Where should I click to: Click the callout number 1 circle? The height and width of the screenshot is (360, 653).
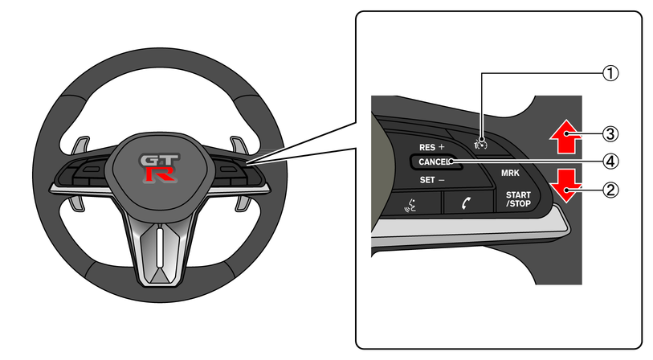pyautogui.click(x=610, y=73)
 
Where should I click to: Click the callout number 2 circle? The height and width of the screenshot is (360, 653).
pyautogui.click(x=610, y=190)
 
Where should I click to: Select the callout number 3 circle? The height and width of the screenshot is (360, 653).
pyautogui.click(x=610, y=134)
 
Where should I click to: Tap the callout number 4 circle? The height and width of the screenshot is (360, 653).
pyautogui.click(x=610, y=162)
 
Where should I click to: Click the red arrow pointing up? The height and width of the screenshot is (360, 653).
pyautogui.click(x=566, y=137)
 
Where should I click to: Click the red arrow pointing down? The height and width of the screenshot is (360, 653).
pyautogui.click(x=565, y=186)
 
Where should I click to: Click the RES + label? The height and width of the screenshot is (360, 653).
pyautogui.click(x=432, y=147)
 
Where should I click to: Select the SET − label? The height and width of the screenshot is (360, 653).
pyautogui.click(x=432, y=180)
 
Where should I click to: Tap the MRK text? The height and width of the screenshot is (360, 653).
pyautogui.click(x=510, y=173)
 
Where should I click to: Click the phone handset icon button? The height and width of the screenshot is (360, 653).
pyautogui.click(x=467, y=203)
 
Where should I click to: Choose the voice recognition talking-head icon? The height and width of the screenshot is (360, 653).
pyautogui.click(x=410, y=205)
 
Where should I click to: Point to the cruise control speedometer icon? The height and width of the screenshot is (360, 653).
pyautogui.click(x=480, y=143)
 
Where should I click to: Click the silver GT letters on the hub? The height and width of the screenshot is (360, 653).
pyautogui.click(x=159, y=160)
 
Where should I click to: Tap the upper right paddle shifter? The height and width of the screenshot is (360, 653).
pyautogui.click(x=239, y=145)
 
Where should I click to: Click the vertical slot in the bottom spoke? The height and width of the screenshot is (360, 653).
pyautogui.click(x=160, y=246)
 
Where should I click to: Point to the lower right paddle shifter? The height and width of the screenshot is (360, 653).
pyautogui.click(x=243, y=202)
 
